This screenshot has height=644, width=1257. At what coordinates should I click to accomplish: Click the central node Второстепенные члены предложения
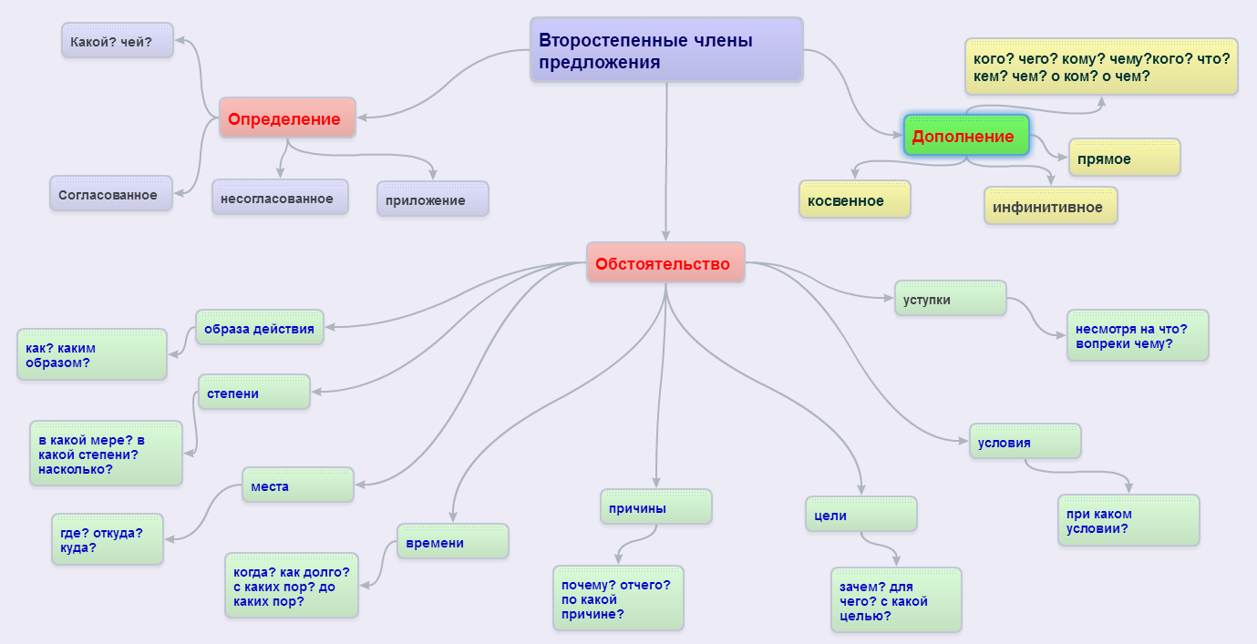pyautogui.click(x=666, y=50)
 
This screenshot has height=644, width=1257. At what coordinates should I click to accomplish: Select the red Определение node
pyautogui.click(x=286, y=118)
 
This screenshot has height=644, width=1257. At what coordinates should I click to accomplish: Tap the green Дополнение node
pyautogui.click(x=965, y=136)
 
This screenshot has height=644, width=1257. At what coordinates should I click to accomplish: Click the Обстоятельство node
pyautogui.click(x=665, y=263)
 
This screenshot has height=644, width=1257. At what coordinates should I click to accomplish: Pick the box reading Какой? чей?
pyautogui.click(x=117, y=41)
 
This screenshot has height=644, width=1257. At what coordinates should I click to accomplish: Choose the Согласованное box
pyautogui.click(x=110, y=194)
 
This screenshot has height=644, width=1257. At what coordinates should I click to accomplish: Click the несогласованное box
pyautogui.click(x=280, y=198)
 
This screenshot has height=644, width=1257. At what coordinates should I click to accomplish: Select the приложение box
pyautogui.click(x=432, y=199)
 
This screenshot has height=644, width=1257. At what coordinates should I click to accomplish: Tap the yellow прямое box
pyautogui.click(x=1124, y=158)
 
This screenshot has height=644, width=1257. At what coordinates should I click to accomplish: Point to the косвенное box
pyautogui.click(x=854, y=200)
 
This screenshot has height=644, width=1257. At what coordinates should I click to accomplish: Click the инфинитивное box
pyautogui.click(x=1050, y=206)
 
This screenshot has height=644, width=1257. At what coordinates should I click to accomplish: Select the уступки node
pyautogui.click(x=950, y=299)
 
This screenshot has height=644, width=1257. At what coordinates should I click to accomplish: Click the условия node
pyautogui.click(x=1025, y=442)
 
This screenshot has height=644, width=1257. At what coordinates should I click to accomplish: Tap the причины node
pyautogui.click(x=655, y=507)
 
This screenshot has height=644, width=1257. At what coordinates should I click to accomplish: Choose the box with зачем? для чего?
pyautogui.click(x=895, y=600)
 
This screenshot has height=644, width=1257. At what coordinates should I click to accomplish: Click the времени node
pyautogui.click(x=452, y=542)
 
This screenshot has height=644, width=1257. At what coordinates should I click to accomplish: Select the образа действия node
pyautogui.click(x=260, y=328)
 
